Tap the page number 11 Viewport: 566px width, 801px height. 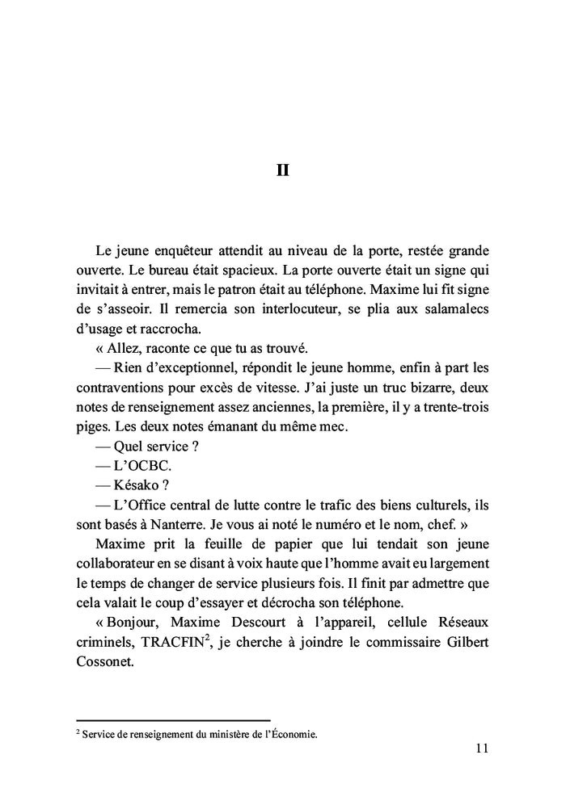(482, 749)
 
